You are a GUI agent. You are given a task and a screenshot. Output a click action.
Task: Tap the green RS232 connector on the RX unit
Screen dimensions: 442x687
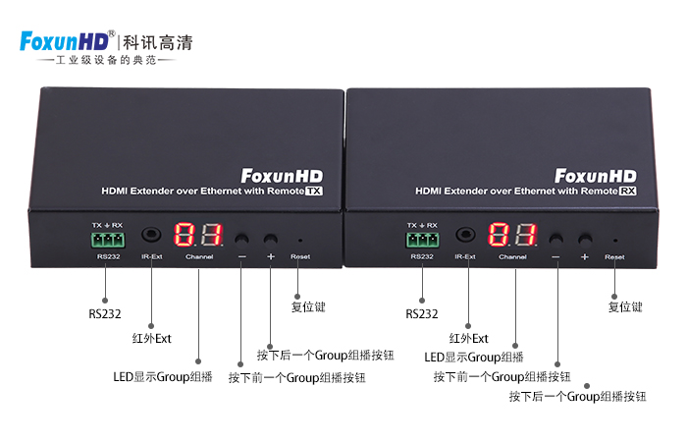[421, 239]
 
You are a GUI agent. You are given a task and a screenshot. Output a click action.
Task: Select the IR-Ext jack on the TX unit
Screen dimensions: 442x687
[151, 237]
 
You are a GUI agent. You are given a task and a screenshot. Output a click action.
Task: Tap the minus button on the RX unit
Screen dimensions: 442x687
[555, 239]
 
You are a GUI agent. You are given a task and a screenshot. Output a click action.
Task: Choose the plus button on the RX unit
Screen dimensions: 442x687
[585, 239]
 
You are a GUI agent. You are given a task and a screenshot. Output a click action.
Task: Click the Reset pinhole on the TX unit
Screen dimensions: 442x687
[300, 240]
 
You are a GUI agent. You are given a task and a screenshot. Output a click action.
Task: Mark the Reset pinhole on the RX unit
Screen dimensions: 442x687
[614, 240]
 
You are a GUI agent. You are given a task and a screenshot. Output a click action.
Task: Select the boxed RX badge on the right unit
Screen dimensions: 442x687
[628, 192]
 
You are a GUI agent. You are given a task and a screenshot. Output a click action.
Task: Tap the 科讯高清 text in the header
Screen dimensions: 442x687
[158, 42]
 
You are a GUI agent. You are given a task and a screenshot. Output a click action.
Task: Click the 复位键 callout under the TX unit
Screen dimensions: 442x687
[307, 306]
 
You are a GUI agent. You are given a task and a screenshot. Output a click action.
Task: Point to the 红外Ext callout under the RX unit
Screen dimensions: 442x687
[468, 339]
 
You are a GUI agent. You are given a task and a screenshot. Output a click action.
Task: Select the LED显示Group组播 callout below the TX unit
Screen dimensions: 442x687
[163, 376]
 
